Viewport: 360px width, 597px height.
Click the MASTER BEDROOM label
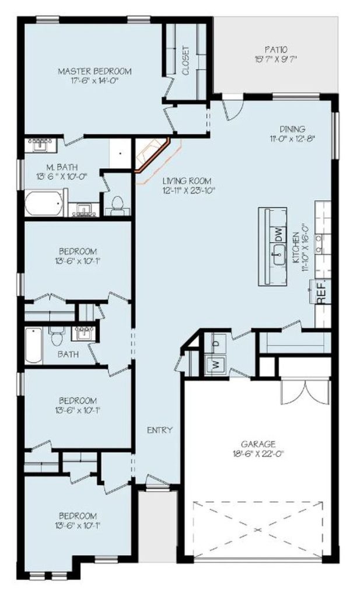[95, 71]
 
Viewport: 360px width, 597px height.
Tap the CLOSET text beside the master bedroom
[186, 61]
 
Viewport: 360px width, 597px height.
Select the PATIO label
[276, 50]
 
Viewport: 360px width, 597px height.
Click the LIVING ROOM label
[187, 181]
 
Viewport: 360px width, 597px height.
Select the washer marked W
[216, 364]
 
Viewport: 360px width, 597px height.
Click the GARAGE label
[258, 444]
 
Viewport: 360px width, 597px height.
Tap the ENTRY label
[160, 430]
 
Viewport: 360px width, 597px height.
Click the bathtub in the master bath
[44, 203]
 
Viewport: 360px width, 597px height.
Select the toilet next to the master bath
[117, 205]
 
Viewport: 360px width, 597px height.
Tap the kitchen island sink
[279, 254]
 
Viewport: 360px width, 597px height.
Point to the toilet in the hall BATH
[57, 335]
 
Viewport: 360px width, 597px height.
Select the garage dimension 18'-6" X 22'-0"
[258, 454]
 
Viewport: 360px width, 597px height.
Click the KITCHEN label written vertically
[296, 248]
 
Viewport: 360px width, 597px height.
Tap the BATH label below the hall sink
[68, 354]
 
